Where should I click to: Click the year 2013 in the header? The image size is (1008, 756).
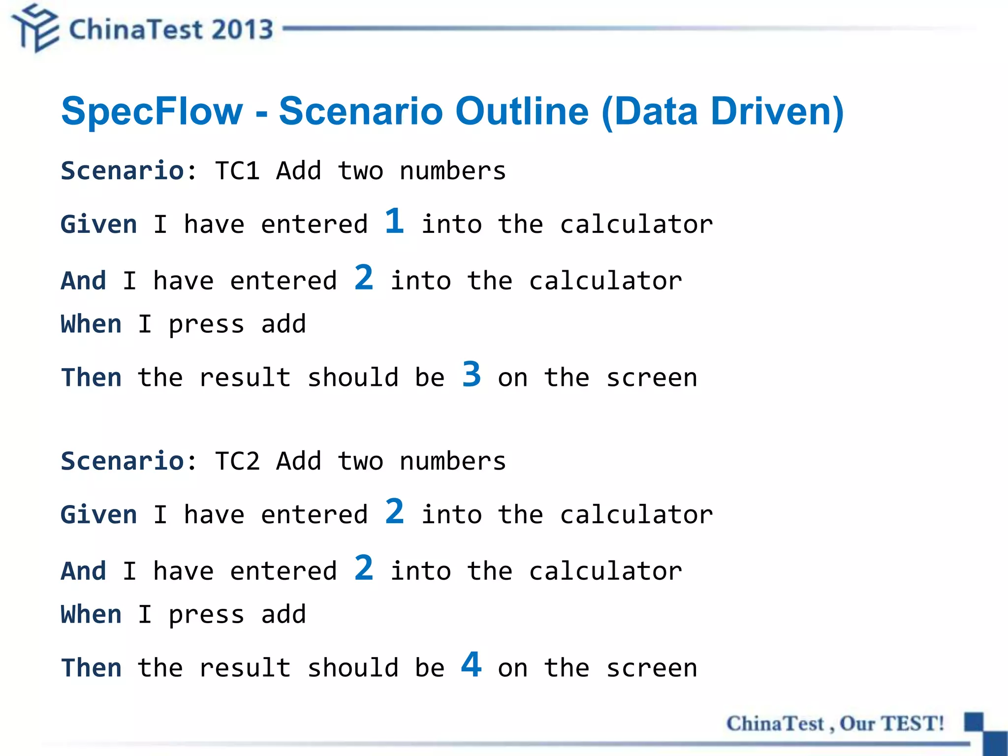pos(243,30)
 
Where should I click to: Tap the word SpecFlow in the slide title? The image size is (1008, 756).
pos(152,111)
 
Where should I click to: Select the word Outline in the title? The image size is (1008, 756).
pos(522,111)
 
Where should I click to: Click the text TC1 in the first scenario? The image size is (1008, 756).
pos(237,171)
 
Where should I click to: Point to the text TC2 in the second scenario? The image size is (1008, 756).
pos(237,462)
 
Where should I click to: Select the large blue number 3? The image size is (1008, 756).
pos(472,375)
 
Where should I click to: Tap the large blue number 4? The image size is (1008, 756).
pos(472,664)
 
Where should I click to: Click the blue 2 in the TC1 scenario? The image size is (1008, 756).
pos(364,278)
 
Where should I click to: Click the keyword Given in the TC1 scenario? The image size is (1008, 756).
pos(98,225)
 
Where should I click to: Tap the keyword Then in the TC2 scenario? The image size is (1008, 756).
pos(91,668)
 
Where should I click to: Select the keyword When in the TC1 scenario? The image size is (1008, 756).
pos(91,324)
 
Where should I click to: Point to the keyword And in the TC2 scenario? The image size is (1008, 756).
pos(83,571)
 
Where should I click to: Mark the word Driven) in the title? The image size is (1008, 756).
pos(778,111)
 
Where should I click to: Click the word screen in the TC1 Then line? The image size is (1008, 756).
pos(652,378)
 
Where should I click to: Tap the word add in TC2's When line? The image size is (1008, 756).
pos(283,615)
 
